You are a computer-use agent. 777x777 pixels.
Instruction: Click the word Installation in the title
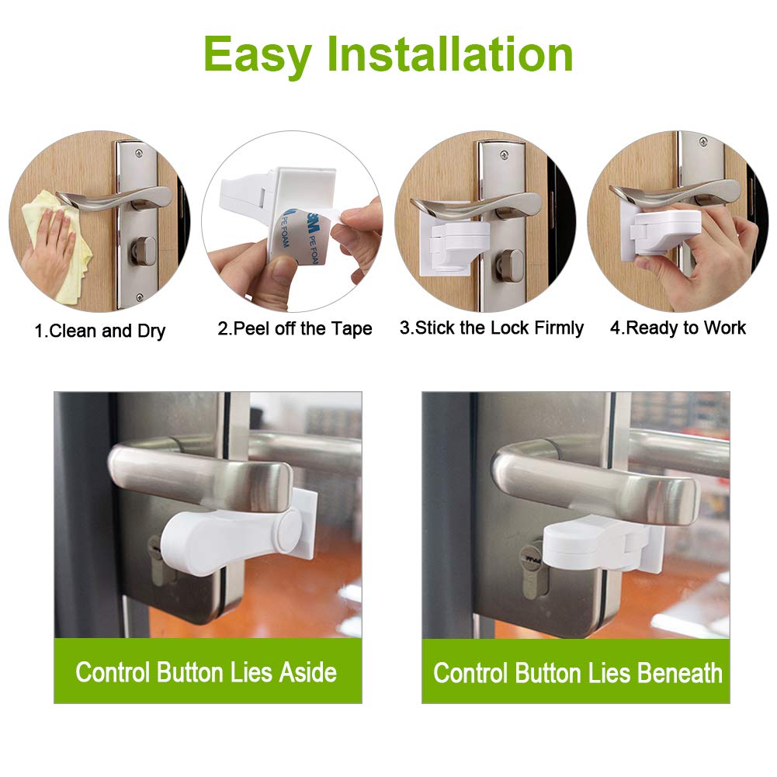click(449, 54)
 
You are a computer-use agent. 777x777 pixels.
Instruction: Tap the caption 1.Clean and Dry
click(99, 331)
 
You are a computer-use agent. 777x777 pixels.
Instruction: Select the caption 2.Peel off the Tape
click(294, 328)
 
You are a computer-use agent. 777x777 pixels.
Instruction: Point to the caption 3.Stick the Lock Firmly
click(491, 328)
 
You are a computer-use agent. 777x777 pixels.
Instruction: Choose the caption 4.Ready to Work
click(678, 328)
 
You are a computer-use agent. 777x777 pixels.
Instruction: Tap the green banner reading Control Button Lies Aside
click(206, 671)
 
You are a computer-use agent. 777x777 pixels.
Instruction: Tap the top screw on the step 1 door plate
click(138, 153)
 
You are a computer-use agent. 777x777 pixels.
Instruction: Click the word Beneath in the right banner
click(680, 672)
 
